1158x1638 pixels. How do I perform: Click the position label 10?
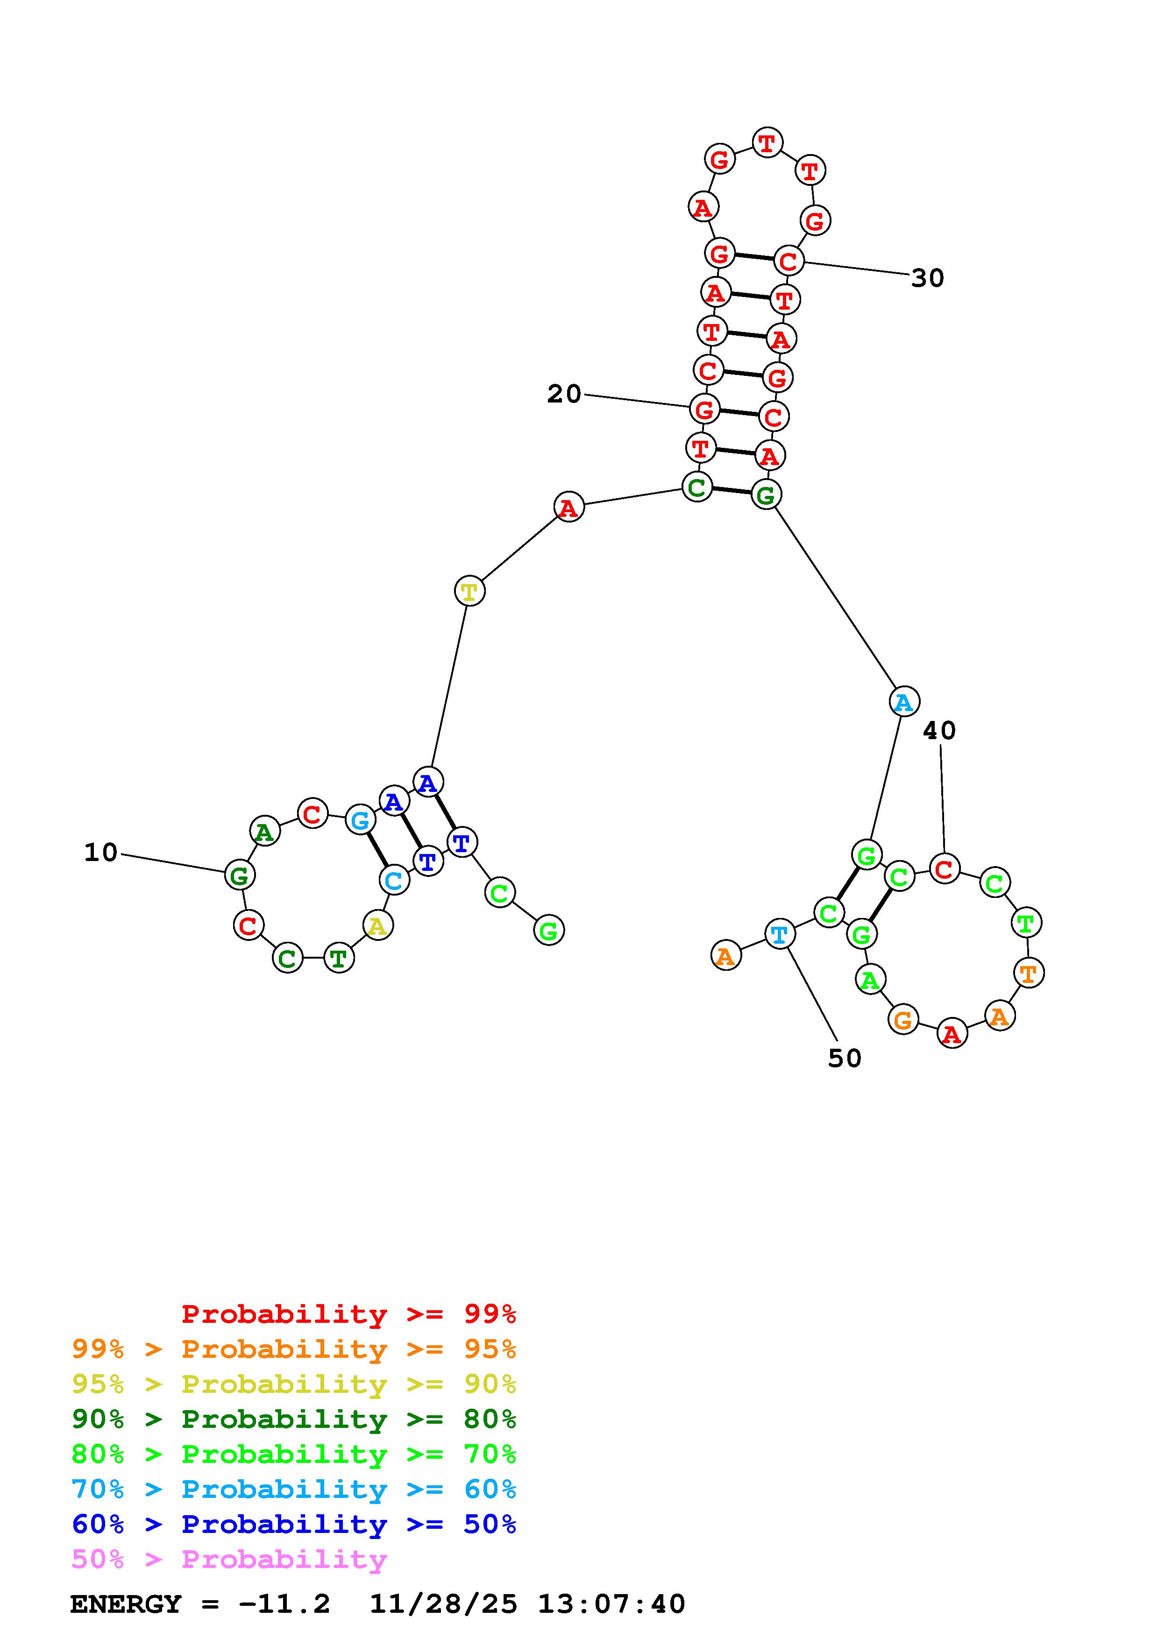100,853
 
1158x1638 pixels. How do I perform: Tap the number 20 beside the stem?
564,394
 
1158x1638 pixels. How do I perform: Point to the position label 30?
928,278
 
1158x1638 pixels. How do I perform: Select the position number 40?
939,731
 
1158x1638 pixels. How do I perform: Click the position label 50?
845,1059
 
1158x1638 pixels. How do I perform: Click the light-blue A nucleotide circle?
904,702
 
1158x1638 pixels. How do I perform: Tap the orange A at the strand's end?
725,955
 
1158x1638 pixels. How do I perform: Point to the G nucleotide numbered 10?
239,875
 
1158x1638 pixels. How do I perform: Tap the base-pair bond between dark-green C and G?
732,491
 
